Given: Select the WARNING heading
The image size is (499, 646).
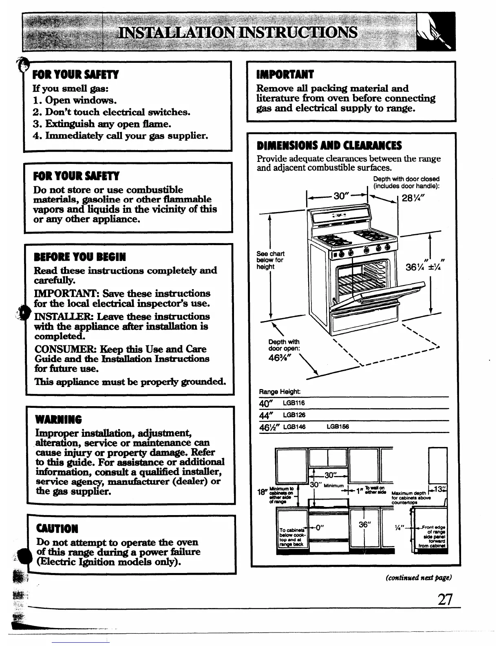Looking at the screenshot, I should click(59, 420).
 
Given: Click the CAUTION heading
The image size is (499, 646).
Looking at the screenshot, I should click(57, 529).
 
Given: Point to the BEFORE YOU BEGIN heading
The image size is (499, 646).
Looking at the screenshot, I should click(80, 257).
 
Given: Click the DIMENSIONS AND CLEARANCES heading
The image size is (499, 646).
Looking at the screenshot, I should click(329, 146).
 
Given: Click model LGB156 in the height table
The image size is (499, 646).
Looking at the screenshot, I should click(338, 427).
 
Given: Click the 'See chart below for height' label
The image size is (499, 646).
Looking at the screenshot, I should click(270, 260).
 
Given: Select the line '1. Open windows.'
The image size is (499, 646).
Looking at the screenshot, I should click(75, 100).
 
